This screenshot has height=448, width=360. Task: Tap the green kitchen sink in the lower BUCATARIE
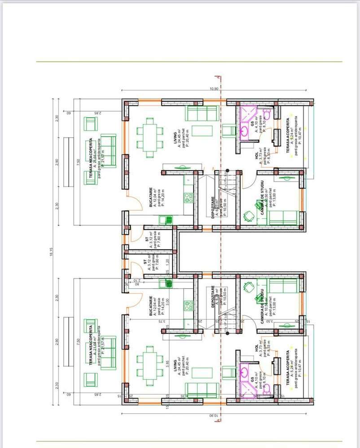[168, 283]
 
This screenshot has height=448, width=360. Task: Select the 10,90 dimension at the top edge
[214, 89]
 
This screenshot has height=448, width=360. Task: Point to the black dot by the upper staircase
[228, 170]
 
